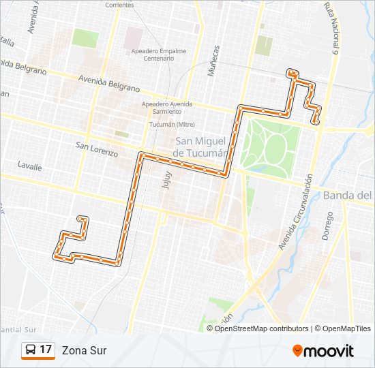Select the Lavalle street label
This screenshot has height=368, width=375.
(x=29, y=166)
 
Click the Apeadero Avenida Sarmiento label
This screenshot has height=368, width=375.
(x=166, y=108)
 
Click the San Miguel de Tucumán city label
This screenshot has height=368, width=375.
(x=199, y=147)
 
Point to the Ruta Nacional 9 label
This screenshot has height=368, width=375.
(x=332, y=29)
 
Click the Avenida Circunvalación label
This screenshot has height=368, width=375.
(x=296, y=211)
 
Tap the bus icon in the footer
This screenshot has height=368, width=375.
(x=31, y=350)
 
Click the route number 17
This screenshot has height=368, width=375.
(x=46, y=350)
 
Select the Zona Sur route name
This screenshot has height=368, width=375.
(x=84, y=350)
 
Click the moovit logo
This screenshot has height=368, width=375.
(x=323, y=351)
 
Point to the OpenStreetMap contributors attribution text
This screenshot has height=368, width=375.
(x=262, y=328)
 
